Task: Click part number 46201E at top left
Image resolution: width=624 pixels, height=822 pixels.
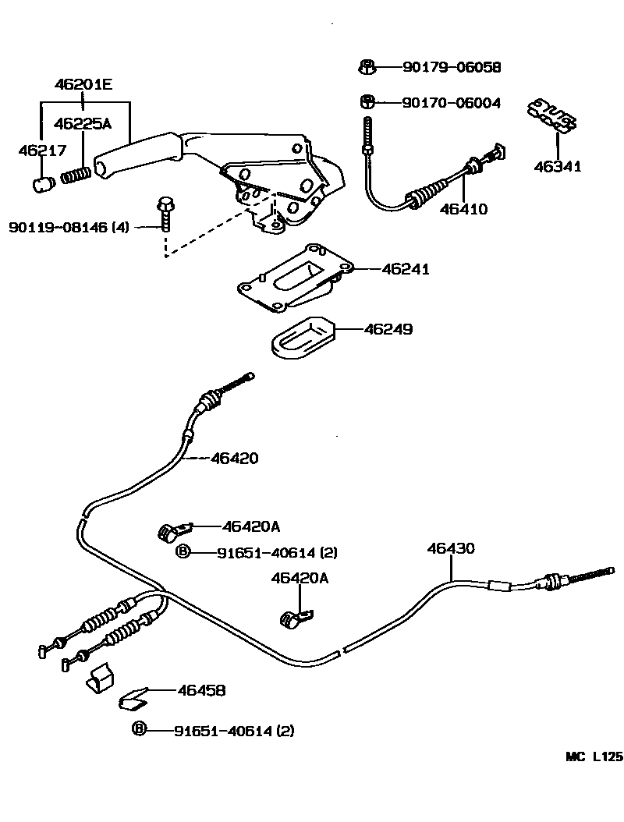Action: (83, 84)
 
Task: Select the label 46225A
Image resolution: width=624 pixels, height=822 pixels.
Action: (83, 123)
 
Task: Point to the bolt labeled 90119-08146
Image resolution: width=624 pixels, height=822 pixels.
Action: (165, 213)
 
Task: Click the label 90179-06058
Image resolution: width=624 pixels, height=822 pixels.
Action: (451, 68)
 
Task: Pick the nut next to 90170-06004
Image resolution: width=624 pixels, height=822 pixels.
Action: (366, 101)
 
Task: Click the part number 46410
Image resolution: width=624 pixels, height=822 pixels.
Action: (463, 208)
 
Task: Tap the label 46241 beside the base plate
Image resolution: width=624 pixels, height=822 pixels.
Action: (406, 269)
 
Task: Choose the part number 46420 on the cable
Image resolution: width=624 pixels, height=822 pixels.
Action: (234, 459)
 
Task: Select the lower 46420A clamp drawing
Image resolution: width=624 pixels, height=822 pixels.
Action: (295, 619)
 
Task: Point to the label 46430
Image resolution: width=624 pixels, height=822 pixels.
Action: (450, 548)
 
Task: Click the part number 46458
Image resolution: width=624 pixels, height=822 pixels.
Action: (201, 690)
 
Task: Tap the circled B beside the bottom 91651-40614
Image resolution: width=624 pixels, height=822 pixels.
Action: (139, 730)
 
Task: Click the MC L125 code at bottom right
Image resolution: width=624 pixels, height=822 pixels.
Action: (594, 756)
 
